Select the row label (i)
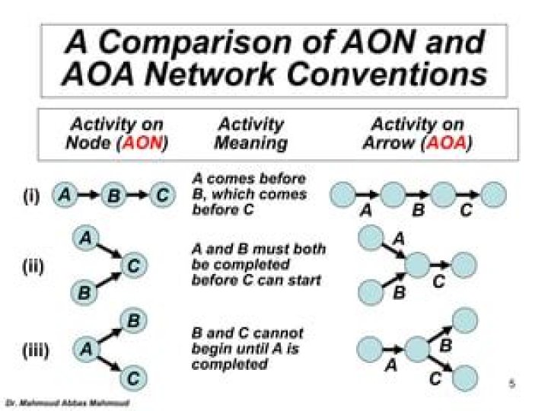[x=30, y=197]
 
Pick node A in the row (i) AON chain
[x=65, y=196]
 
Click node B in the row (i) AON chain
[x=113, y=196]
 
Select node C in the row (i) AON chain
[x=161, y=196]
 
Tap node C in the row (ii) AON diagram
[x=134, y=266]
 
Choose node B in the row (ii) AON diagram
[x=84, y=291]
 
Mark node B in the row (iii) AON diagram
[x=132, y=321]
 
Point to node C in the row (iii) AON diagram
[x=133, y=377]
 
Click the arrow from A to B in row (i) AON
[x=89, y=196]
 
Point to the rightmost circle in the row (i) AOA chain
[x=493, y=196]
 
